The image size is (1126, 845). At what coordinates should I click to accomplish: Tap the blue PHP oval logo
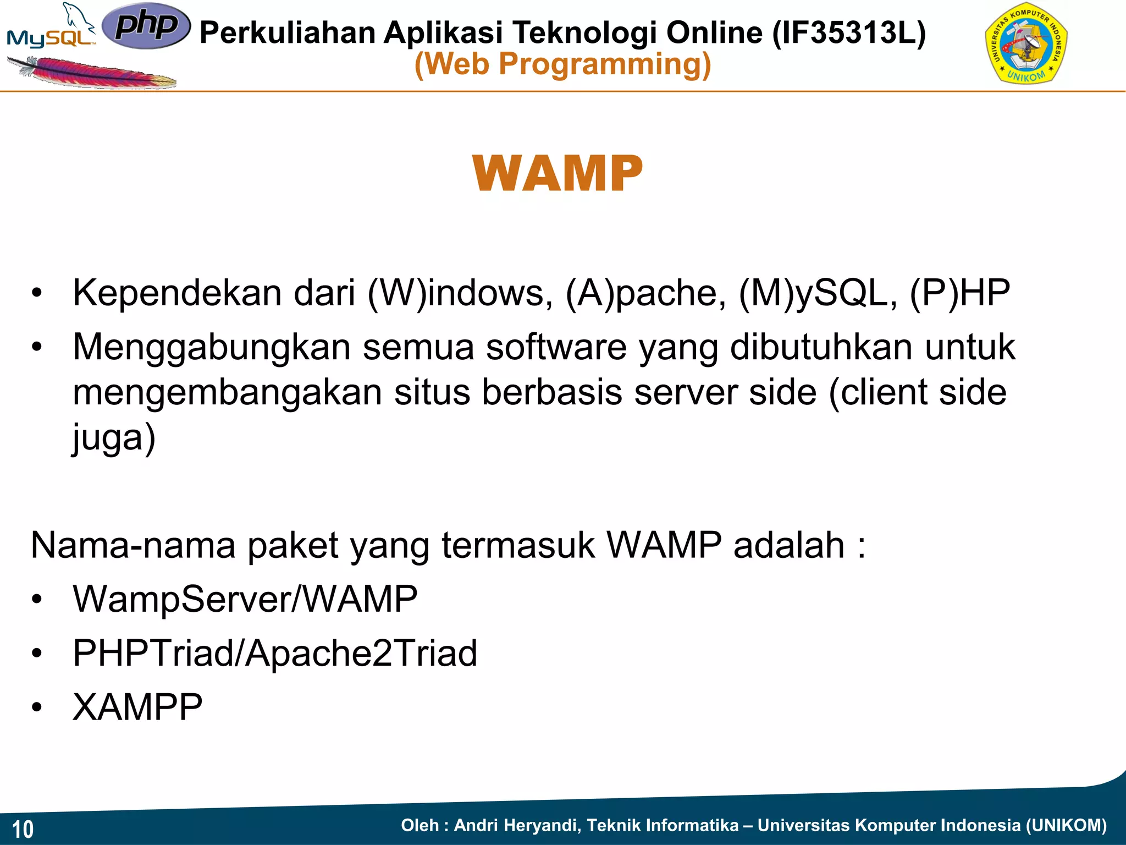[146, 25]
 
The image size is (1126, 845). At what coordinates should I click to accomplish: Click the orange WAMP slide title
[557, 174]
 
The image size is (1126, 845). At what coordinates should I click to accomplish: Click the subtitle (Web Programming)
[562, 64]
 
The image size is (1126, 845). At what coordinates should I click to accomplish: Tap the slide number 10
[23, 828]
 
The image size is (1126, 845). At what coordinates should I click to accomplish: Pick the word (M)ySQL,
[818, 293]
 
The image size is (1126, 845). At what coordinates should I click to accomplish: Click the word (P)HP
[960, 293]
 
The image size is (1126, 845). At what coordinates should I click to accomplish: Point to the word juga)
[114, 438]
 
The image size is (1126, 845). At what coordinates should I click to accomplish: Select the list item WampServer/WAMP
[245, 599]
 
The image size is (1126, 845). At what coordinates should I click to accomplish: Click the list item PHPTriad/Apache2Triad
[275, 653]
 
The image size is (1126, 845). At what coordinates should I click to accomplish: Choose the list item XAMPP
[137, 707]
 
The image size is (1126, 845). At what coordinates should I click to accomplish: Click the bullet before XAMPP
[37, 707]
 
